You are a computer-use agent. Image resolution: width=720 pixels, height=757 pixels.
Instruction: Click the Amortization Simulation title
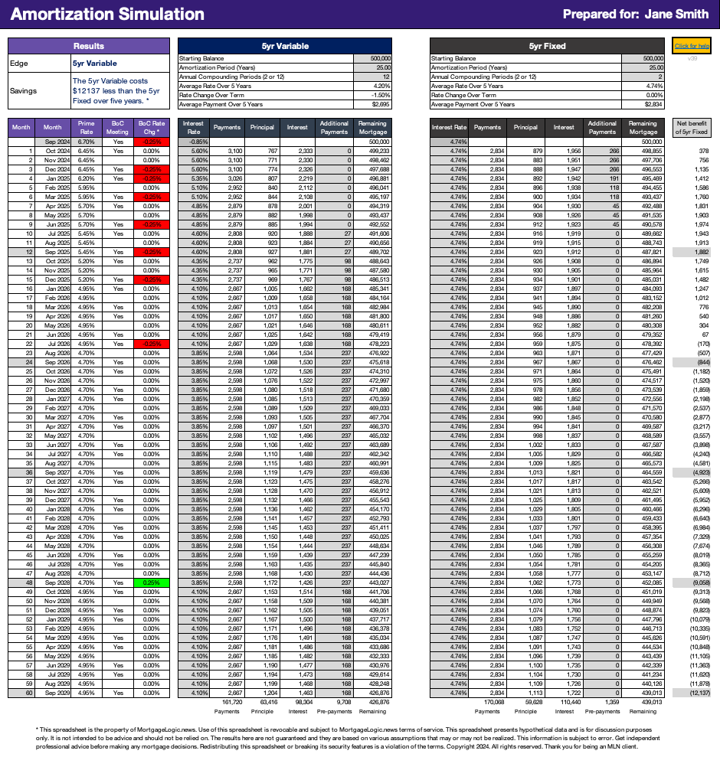(108, 15)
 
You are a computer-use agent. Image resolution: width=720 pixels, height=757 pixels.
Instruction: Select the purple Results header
(88, 46)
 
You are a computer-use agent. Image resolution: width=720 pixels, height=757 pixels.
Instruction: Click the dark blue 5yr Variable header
(285, 46)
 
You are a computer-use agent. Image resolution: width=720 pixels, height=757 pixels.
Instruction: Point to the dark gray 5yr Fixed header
(547, 46)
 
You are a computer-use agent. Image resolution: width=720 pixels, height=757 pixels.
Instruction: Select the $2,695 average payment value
(381, 104)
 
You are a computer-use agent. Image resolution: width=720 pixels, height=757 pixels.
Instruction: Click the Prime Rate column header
(85, 127)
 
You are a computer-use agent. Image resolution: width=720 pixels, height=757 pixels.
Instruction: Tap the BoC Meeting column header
(117, 127)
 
